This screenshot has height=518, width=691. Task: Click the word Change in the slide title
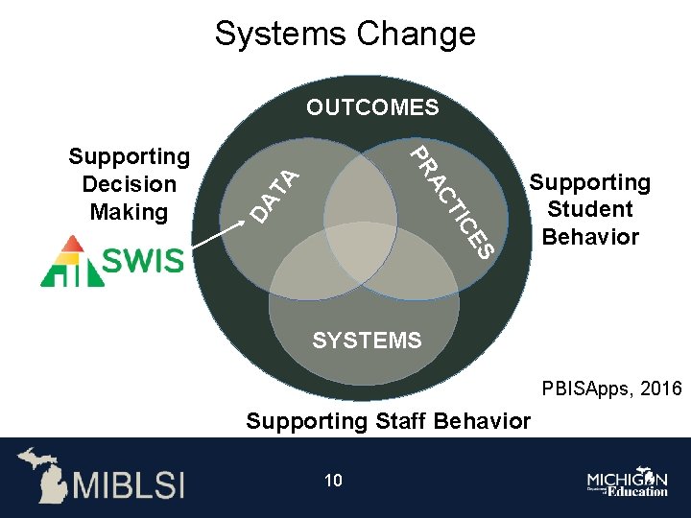[x=416, y=34]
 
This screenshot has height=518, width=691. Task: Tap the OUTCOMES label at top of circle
[x=372, y=107]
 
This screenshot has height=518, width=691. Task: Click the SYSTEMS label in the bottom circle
[x=367, y=341]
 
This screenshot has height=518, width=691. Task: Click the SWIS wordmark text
[x=143, y=261]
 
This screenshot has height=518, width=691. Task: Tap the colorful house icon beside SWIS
[x=72, y=261]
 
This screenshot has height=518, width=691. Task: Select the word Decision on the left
[x=130, y=184]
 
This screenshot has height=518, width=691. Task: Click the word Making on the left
[x=129, y=211]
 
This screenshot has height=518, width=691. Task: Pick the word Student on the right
[x=590, y=209]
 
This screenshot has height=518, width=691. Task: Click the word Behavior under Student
[x=590, y=237]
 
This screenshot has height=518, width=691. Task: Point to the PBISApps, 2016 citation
[x=611, y=389]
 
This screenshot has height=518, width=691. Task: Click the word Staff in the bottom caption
[x=398, y=421]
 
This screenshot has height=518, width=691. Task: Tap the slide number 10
[x=333, y=481]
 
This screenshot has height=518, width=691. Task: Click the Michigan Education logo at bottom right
[x=628, y=483]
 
